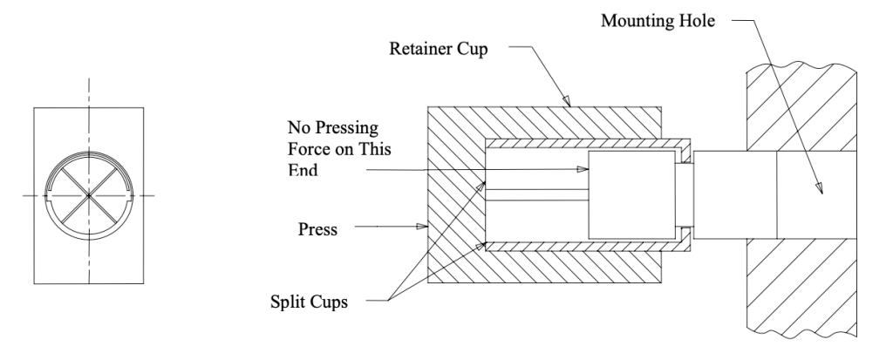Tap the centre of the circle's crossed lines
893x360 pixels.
87,196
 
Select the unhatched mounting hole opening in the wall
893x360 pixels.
815,195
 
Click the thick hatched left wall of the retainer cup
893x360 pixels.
453,196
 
